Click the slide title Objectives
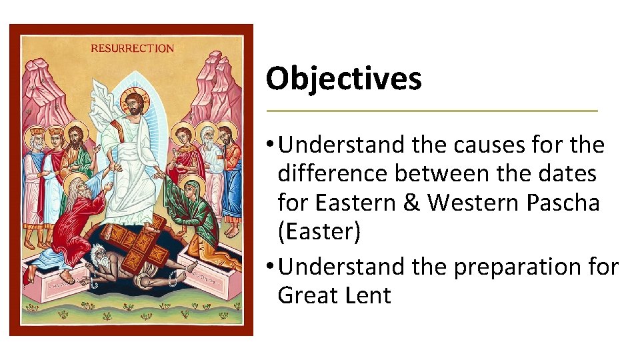point(343,79)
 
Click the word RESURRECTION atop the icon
point(132,48)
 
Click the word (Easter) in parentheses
point(319,232)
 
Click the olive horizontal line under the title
point(432,110)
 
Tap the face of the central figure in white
point(135,105)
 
